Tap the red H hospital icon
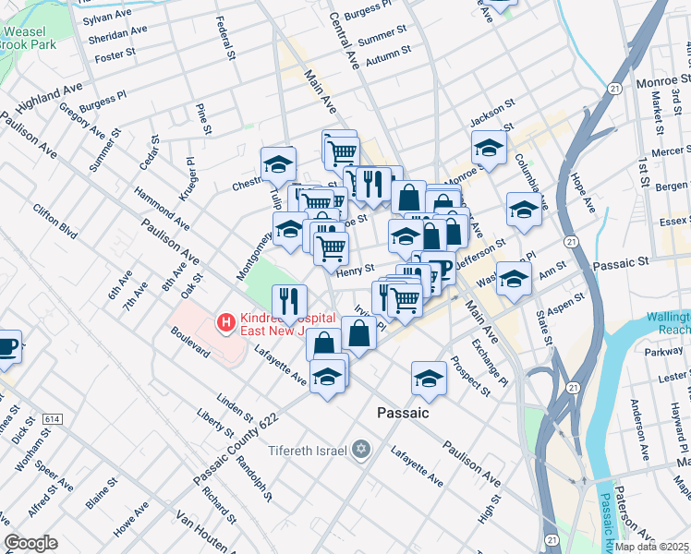click(224, 323)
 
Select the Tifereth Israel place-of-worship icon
click(360, 450)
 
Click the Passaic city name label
click(403, 413)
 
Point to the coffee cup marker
click(7, 347)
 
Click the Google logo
click(30, 543)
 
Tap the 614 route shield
click(52, 419)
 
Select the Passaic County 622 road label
click(236, 449)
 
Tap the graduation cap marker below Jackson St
click(489, 146)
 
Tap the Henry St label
click(355, 270)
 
